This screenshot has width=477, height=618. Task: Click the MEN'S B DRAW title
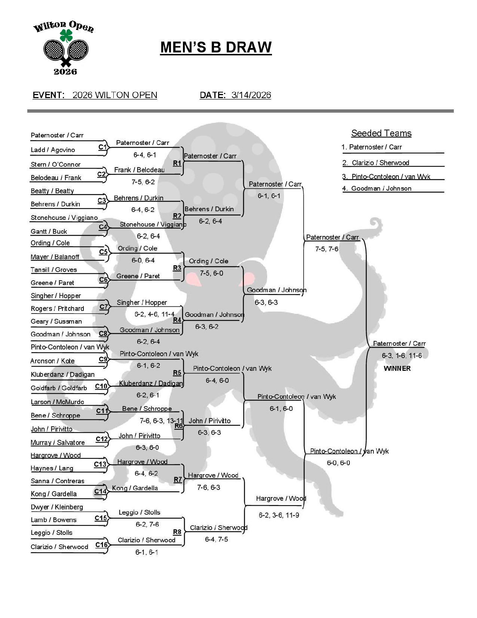coord(216,48)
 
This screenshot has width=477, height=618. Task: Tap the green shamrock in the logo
coord(66,36)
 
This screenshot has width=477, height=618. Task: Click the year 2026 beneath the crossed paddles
coord(65,72)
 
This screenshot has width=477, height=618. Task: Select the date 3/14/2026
coord(251,95)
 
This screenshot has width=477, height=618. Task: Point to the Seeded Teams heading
coord(381,133)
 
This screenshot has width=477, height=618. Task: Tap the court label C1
coord(103,147)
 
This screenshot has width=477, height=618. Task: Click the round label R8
coord(177,532)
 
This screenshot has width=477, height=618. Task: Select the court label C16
coord(101,545)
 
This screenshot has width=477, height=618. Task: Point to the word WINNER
coord(397,369)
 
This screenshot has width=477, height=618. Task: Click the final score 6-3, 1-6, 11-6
coord(401,355)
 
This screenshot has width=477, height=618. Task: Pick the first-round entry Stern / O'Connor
coord(55,164)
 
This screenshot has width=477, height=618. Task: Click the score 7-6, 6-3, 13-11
coord(161,421)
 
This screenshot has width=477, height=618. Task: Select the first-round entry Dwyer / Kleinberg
coord(56,507)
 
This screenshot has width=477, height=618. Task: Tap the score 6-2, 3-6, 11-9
coord(279,515)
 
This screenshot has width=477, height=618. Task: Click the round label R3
coord(177,268)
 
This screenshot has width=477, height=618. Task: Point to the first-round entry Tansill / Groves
coord(53,270)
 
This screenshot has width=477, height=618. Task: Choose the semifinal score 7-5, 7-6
coord(327,249)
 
